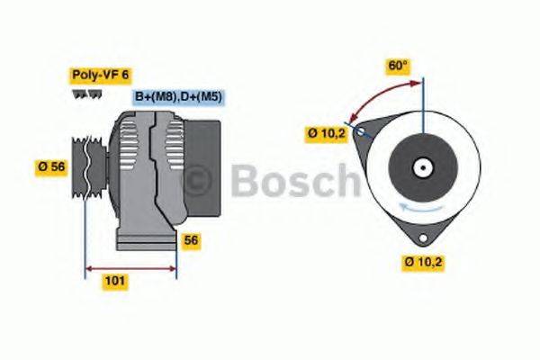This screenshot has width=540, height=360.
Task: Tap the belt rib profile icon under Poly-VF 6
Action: coord(82,93)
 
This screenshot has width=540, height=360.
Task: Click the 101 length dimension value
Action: coord(115,281)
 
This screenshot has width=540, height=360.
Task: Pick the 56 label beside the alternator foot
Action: coord(191,240)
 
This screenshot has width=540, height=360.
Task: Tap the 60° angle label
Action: coord(398,66)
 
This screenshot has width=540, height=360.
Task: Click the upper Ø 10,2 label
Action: coord(326,134)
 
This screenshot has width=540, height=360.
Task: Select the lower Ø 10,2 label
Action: coord(425,262)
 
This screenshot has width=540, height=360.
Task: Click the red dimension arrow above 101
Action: coord(130,267)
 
